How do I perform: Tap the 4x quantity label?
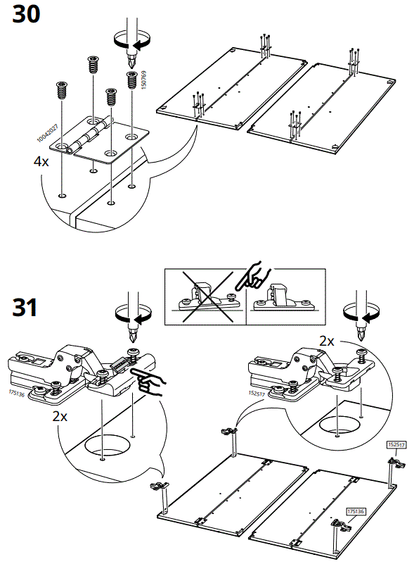41,161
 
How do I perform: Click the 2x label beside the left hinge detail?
61,416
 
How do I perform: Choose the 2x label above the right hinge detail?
327,340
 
